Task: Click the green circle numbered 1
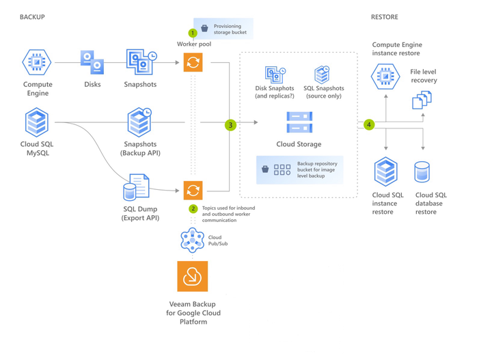click(x=193, y=33)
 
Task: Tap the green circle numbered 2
click(x=193, y=208)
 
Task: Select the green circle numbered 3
click(x=231, y=125)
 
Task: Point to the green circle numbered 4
click(x=369, y=124)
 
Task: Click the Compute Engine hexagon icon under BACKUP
click(x=37, y=63)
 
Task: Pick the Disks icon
click(x=92, y=62)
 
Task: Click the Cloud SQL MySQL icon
click(x=37, y=123)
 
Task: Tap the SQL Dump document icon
click(x=135, y=186)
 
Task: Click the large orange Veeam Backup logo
click(x=192, y=276)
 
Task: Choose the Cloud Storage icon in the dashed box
click(x=299, y=123)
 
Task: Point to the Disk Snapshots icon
click(x=275, y=74)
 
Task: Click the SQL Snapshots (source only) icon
click(x=321, y=74)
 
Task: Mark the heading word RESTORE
click(x=384, y=17)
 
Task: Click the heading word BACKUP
click(x=32, y=17)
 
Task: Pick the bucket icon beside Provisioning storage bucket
click(x=204, y=28)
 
